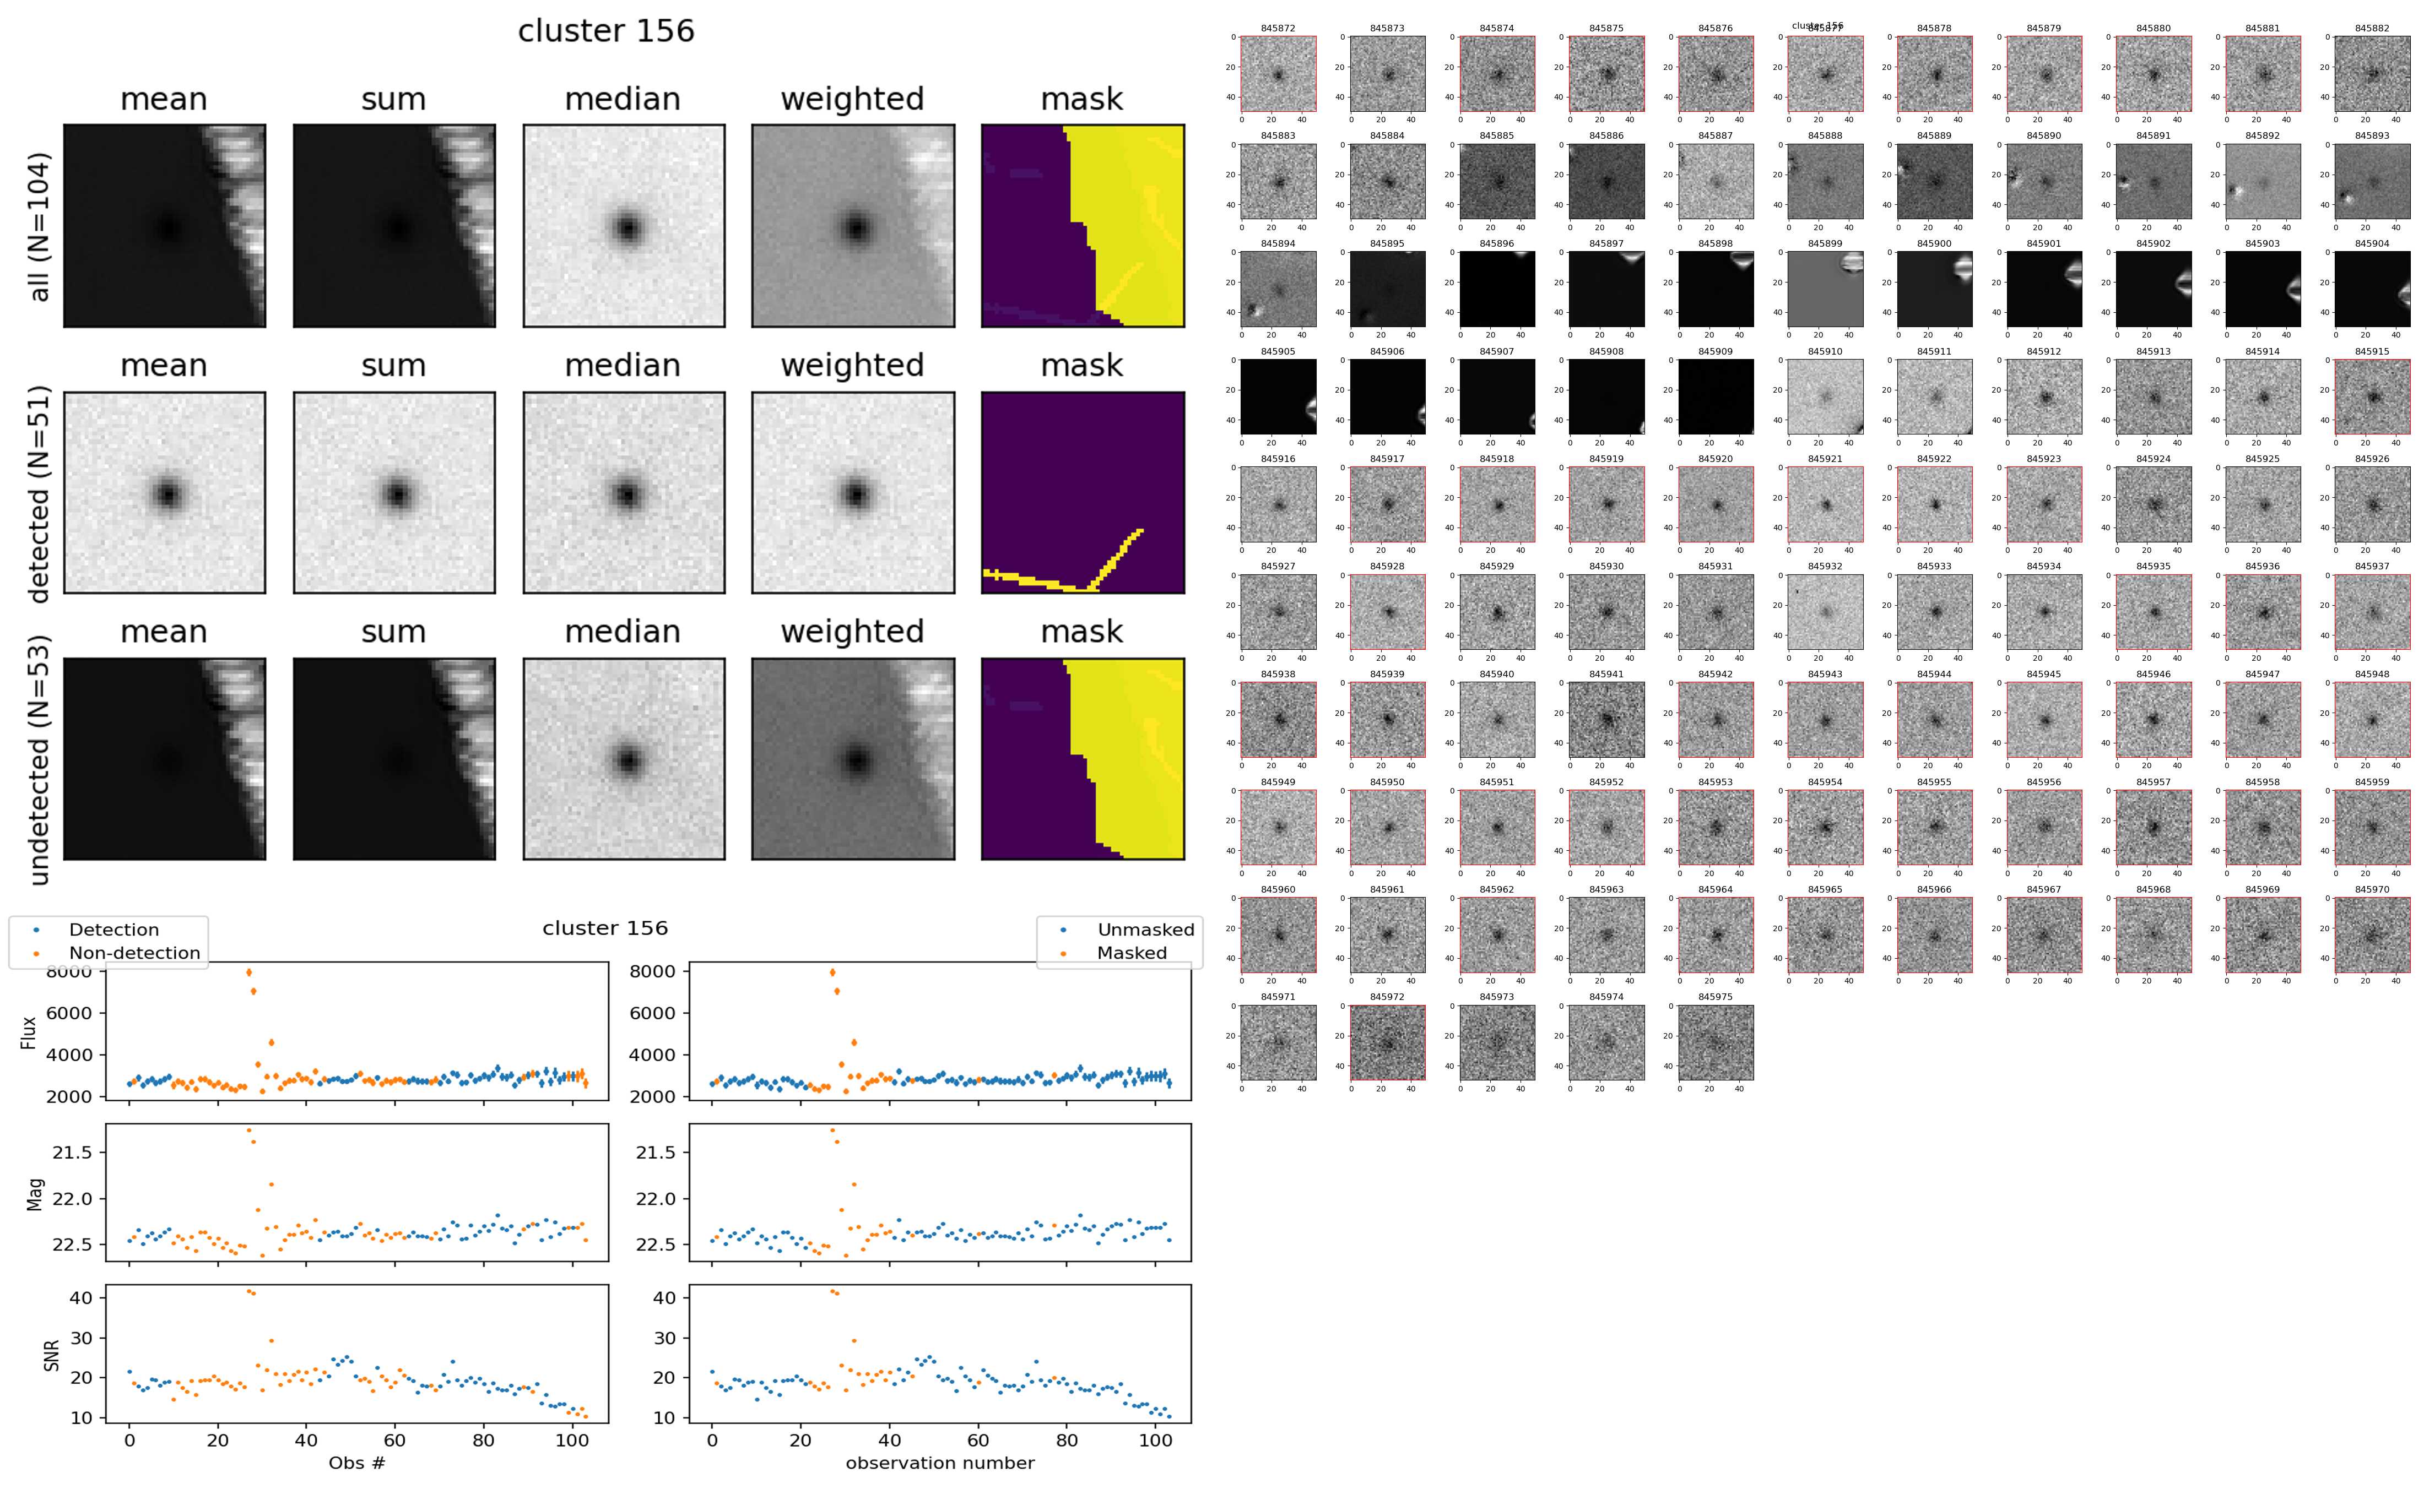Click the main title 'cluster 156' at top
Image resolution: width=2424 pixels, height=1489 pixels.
click(606, 31)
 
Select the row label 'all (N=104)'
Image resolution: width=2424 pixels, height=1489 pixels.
click(40, 226)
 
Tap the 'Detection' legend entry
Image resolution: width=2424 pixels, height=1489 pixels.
click(113, 930)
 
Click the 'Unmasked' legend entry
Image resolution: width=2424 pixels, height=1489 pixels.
click(1145, 930)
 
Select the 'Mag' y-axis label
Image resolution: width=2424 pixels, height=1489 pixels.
click(35, 1193)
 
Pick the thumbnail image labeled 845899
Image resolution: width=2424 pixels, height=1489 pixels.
click(1825, 289)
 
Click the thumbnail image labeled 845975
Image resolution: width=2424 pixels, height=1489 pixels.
click(1716, 1042)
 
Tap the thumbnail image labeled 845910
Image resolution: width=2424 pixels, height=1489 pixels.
click(1825, 396)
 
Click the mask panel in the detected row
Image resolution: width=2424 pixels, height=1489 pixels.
click(1083, 492)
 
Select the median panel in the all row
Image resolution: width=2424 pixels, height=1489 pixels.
click(624, 226)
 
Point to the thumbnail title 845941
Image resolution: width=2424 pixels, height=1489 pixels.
click(1605, 675)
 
